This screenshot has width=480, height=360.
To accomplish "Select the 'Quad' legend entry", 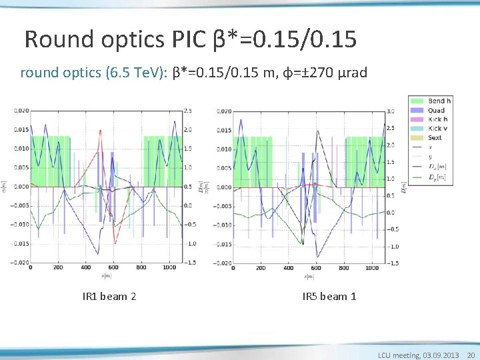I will click(436, 111).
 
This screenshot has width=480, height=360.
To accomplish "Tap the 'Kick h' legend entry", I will click(437, 119).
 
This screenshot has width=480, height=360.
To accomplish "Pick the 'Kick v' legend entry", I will click(437, 128).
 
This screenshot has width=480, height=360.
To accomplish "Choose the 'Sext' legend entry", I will click(435, 137).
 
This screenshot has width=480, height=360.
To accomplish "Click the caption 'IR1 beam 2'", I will click(109, 296).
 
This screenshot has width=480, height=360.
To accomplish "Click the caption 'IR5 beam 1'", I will click(329, 296).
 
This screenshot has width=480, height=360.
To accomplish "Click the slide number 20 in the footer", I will click(471, 355).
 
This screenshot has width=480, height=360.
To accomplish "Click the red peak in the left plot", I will click(101, 130).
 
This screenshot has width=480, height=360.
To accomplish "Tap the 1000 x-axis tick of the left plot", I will click(169, 267).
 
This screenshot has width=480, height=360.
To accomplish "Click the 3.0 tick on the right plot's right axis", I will click(391, 111).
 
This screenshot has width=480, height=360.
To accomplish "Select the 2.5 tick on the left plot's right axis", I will click(190, 111).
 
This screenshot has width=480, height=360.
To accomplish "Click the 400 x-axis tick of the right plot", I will click(287, 268).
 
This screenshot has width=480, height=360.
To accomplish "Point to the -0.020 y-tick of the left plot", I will click(20, 263).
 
